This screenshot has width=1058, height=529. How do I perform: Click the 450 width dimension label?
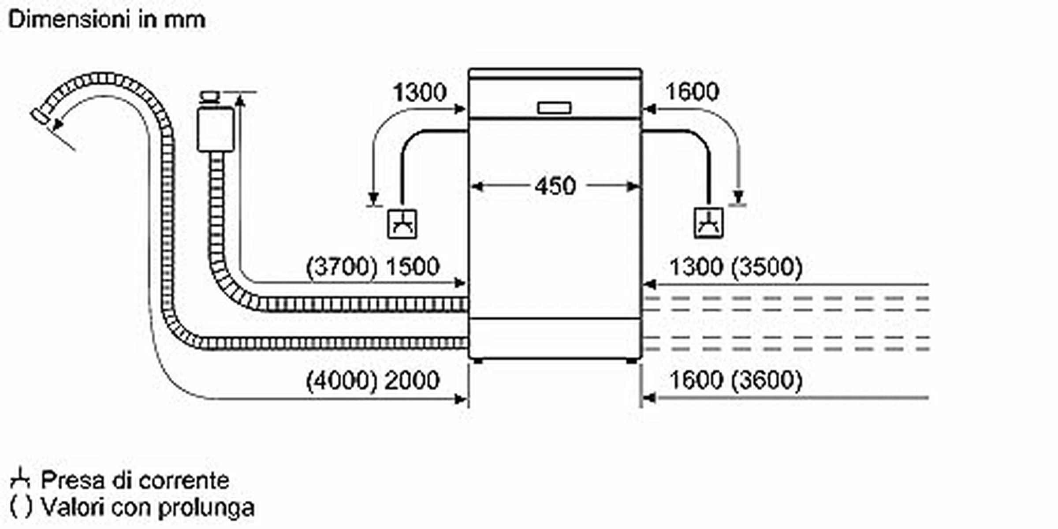[555, 186]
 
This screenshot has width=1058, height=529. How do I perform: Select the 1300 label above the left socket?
[420, 93]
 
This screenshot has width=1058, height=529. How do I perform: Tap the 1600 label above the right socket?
[692, 92]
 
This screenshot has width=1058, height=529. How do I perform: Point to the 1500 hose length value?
[413, 267]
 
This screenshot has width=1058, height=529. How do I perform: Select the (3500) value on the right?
[767, 267]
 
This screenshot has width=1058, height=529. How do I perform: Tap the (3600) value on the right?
[767, 380]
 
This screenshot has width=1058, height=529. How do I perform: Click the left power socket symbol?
[402, 224]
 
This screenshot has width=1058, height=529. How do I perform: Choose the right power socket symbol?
[708, 224]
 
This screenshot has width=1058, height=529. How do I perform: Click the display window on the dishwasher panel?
[555, 108]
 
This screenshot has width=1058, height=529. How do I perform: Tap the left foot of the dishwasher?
[477, 361]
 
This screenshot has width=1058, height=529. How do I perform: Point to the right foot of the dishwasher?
[632, 361]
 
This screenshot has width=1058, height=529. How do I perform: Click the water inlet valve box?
[216, 129]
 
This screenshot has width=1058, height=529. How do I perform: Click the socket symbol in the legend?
[20, 478]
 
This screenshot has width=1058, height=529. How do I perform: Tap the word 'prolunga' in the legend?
[206, 508]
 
